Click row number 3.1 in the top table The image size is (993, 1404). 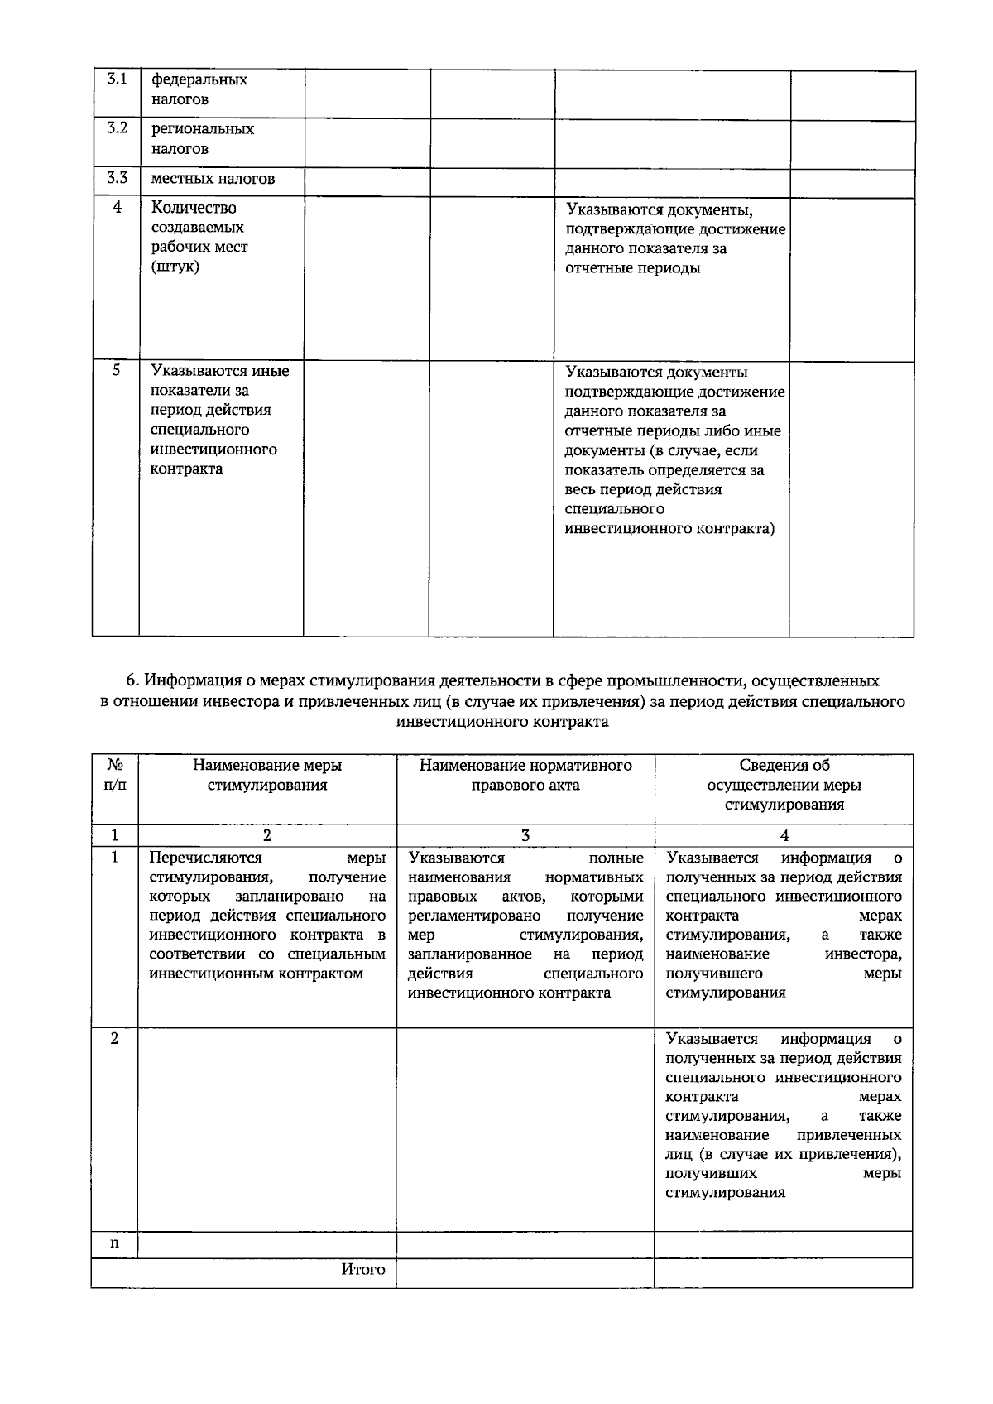(117, 80)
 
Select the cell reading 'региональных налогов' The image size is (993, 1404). (203, 139)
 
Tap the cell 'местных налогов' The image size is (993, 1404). (213, 179)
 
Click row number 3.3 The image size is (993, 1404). (117, 178)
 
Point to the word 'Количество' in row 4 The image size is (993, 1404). (194, 208)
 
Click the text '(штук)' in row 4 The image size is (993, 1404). (175, 267)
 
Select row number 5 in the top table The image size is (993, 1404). (117, 371)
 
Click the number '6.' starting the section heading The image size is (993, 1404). (132, 681)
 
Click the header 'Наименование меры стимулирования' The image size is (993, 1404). (266, 776)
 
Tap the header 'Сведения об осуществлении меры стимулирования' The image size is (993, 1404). (784, 785)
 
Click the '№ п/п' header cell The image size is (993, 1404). (115, 776)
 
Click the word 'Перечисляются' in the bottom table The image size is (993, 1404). (205, 858)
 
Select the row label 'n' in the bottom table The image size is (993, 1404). (115, 1243)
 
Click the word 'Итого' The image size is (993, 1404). (363, 1270)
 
